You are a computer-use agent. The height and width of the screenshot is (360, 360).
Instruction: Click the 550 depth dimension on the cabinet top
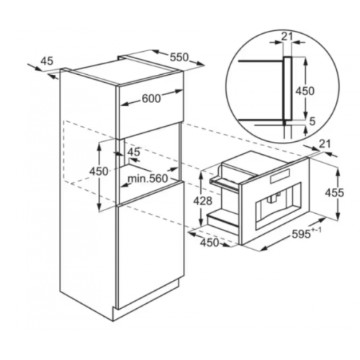pyautogui.click(x=179, y=57)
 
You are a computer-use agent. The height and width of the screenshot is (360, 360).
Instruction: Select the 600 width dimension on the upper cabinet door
pyautogui.click(x=151, y=98)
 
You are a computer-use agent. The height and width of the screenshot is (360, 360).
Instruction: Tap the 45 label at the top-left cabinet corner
pyautogui.click(x=47, y=61)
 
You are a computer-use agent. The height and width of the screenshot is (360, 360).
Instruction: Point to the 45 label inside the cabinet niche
pyautogui.click(x=133, y=152)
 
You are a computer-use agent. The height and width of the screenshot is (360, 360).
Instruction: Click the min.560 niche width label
pyautogui.click(x=148, y=178)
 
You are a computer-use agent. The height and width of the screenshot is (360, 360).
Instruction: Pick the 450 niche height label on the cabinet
pyautogui.click(x=99, y=171)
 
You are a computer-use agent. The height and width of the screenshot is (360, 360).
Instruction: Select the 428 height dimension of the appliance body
pyautogui.click(x=203, y=201)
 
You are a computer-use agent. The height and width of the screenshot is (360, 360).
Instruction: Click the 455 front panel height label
pyautogui.click(x=335, y=192)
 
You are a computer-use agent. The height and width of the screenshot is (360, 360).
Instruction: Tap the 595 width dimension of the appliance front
pyautogui.click(x=302, y=233)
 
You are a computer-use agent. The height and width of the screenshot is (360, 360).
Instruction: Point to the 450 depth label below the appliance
pyautogui.click(x=210, y=243)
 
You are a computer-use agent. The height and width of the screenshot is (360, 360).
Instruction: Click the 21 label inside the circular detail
pyautogui.click(x=287, y=37)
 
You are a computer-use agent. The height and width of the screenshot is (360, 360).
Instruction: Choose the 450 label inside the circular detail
pyautogui.click(x=305, y=91)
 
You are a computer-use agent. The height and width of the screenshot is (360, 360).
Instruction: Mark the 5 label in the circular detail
pyautogui.click(x=312, y=122)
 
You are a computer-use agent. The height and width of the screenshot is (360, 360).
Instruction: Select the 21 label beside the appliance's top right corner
pyautogui.click(x=325, y=144)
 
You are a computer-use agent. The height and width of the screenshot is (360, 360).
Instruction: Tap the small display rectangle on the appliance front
pyautogui.click(x=280, y=176)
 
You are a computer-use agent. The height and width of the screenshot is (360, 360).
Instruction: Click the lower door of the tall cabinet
pyautogui.click(x=150, y=243)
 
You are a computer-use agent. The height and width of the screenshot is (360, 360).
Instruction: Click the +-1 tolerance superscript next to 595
pyautogui.click(x=317, y=230)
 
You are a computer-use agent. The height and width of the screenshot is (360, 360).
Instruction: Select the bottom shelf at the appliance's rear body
pyautogui.click(x=223, y=217)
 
